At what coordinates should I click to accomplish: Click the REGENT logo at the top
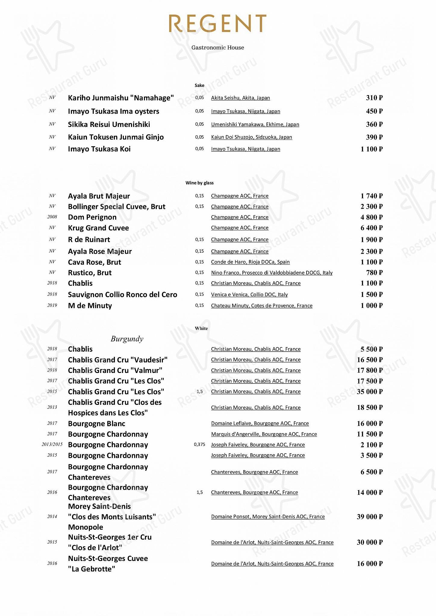coord(217,23)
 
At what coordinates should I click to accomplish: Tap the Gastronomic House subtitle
coord(218,48)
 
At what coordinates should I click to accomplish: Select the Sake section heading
coord(199,85)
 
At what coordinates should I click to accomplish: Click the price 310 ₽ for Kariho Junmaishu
coord(374,98)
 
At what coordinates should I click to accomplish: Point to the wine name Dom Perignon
coord(92,217)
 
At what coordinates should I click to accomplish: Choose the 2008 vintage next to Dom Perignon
coord(52,217)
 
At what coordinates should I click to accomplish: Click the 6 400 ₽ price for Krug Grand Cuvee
coord(371,228)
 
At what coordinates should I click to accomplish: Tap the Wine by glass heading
coord(199,183)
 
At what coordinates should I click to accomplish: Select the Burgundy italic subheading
coord(127,339)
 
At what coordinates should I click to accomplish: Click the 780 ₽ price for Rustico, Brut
coord(374,273)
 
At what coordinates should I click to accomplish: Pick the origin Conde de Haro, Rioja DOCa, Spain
coord(250,262)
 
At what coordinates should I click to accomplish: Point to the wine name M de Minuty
coord(90,306)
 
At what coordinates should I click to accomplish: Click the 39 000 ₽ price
coord(369,517)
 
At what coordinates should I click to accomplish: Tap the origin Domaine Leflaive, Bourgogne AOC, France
coord(260,423)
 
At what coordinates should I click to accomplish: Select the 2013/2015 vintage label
coord(52,445)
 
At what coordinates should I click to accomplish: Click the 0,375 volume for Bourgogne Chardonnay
coord(199,445)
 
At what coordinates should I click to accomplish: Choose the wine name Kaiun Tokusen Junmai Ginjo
coord(116,137)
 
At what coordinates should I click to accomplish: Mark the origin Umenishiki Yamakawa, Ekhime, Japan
coord(255,125)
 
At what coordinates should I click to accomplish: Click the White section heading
coord(201,328)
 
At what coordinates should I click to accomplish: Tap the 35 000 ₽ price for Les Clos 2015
coord(369,392)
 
